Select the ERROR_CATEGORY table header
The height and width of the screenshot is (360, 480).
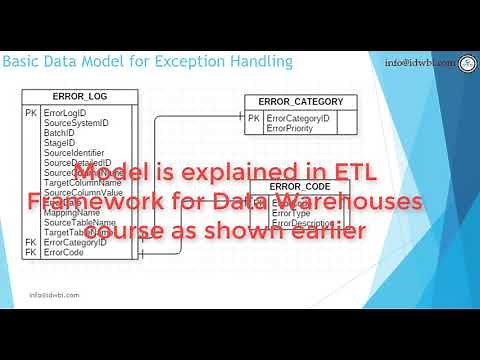click(300, 102)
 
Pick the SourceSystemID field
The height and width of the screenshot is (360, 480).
click(76, 122)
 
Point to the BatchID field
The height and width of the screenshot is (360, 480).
click(59, 131)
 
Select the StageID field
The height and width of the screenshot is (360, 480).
click(60, 141)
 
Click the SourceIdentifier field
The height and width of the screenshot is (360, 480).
click(75, 152)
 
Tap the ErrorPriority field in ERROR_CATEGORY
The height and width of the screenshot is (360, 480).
click(291, 128)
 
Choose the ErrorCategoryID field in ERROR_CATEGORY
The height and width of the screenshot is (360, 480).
click(299, 118)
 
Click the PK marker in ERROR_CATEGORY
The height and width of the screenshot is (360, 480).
click(254, 118)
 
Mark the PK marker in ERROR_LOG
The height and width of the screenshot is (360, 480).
click(31, 113)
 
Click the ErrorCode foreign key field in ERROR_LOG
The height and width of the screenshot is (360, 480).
click(63, 252)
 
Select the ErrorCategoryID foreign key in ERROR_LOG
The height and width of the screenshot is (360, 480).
click(75, 242)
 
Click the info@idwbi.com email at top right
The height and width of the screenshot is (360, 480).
click(419, 63)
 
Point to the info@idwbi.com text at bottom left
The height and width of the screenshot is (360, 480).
click(54, 295)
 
